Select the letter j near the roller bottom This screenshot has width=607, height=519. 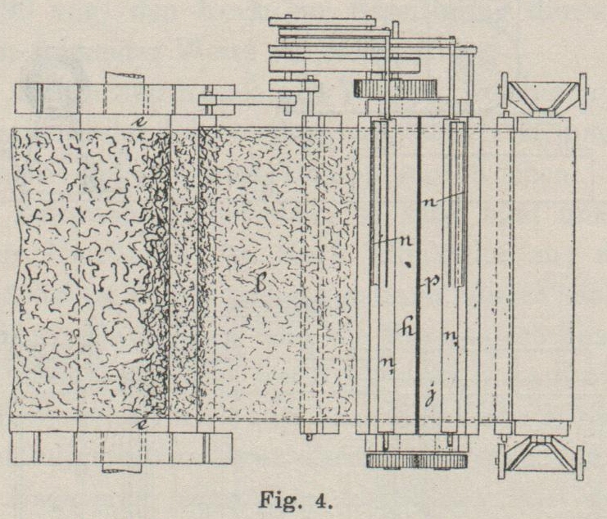pos(429,398)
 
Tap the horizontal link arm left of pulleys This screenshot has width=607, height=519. pos(246,101)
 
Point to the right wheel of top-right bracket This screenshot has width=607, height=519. pos(582,91)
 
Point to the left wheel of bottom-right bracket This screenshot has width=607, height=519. pos(501,463)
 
